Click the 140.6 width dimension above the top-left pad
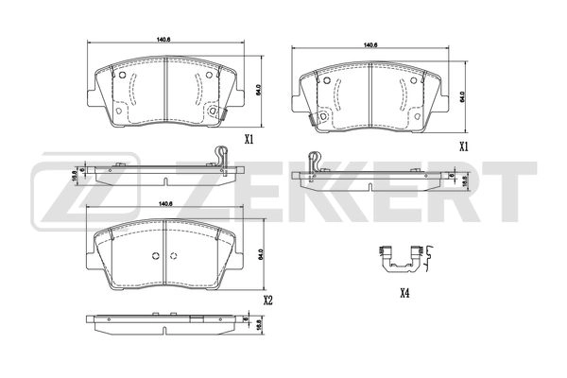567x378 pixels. coord(163,39)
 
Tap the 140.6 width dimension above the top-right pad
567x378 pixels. coord(369,44)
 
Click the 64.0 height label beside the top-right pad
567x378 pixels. coord(462,97)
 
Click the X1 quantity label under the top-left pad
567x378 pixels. coord(249,140)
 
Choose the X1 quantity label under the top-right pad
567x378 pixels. coord(464,146)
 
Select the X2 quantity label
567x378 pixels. coord(268,301)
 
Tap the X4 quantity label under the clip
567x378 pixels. coord(404,293)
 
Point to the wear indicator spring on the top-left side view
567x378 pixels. coord(219,154)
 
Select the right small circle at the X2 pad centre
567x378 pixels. coord(174,257)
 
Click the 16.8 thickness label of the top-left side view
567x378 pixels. coord(74,173)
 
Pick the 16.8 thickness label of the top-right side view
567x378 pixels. coord(464,179)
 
